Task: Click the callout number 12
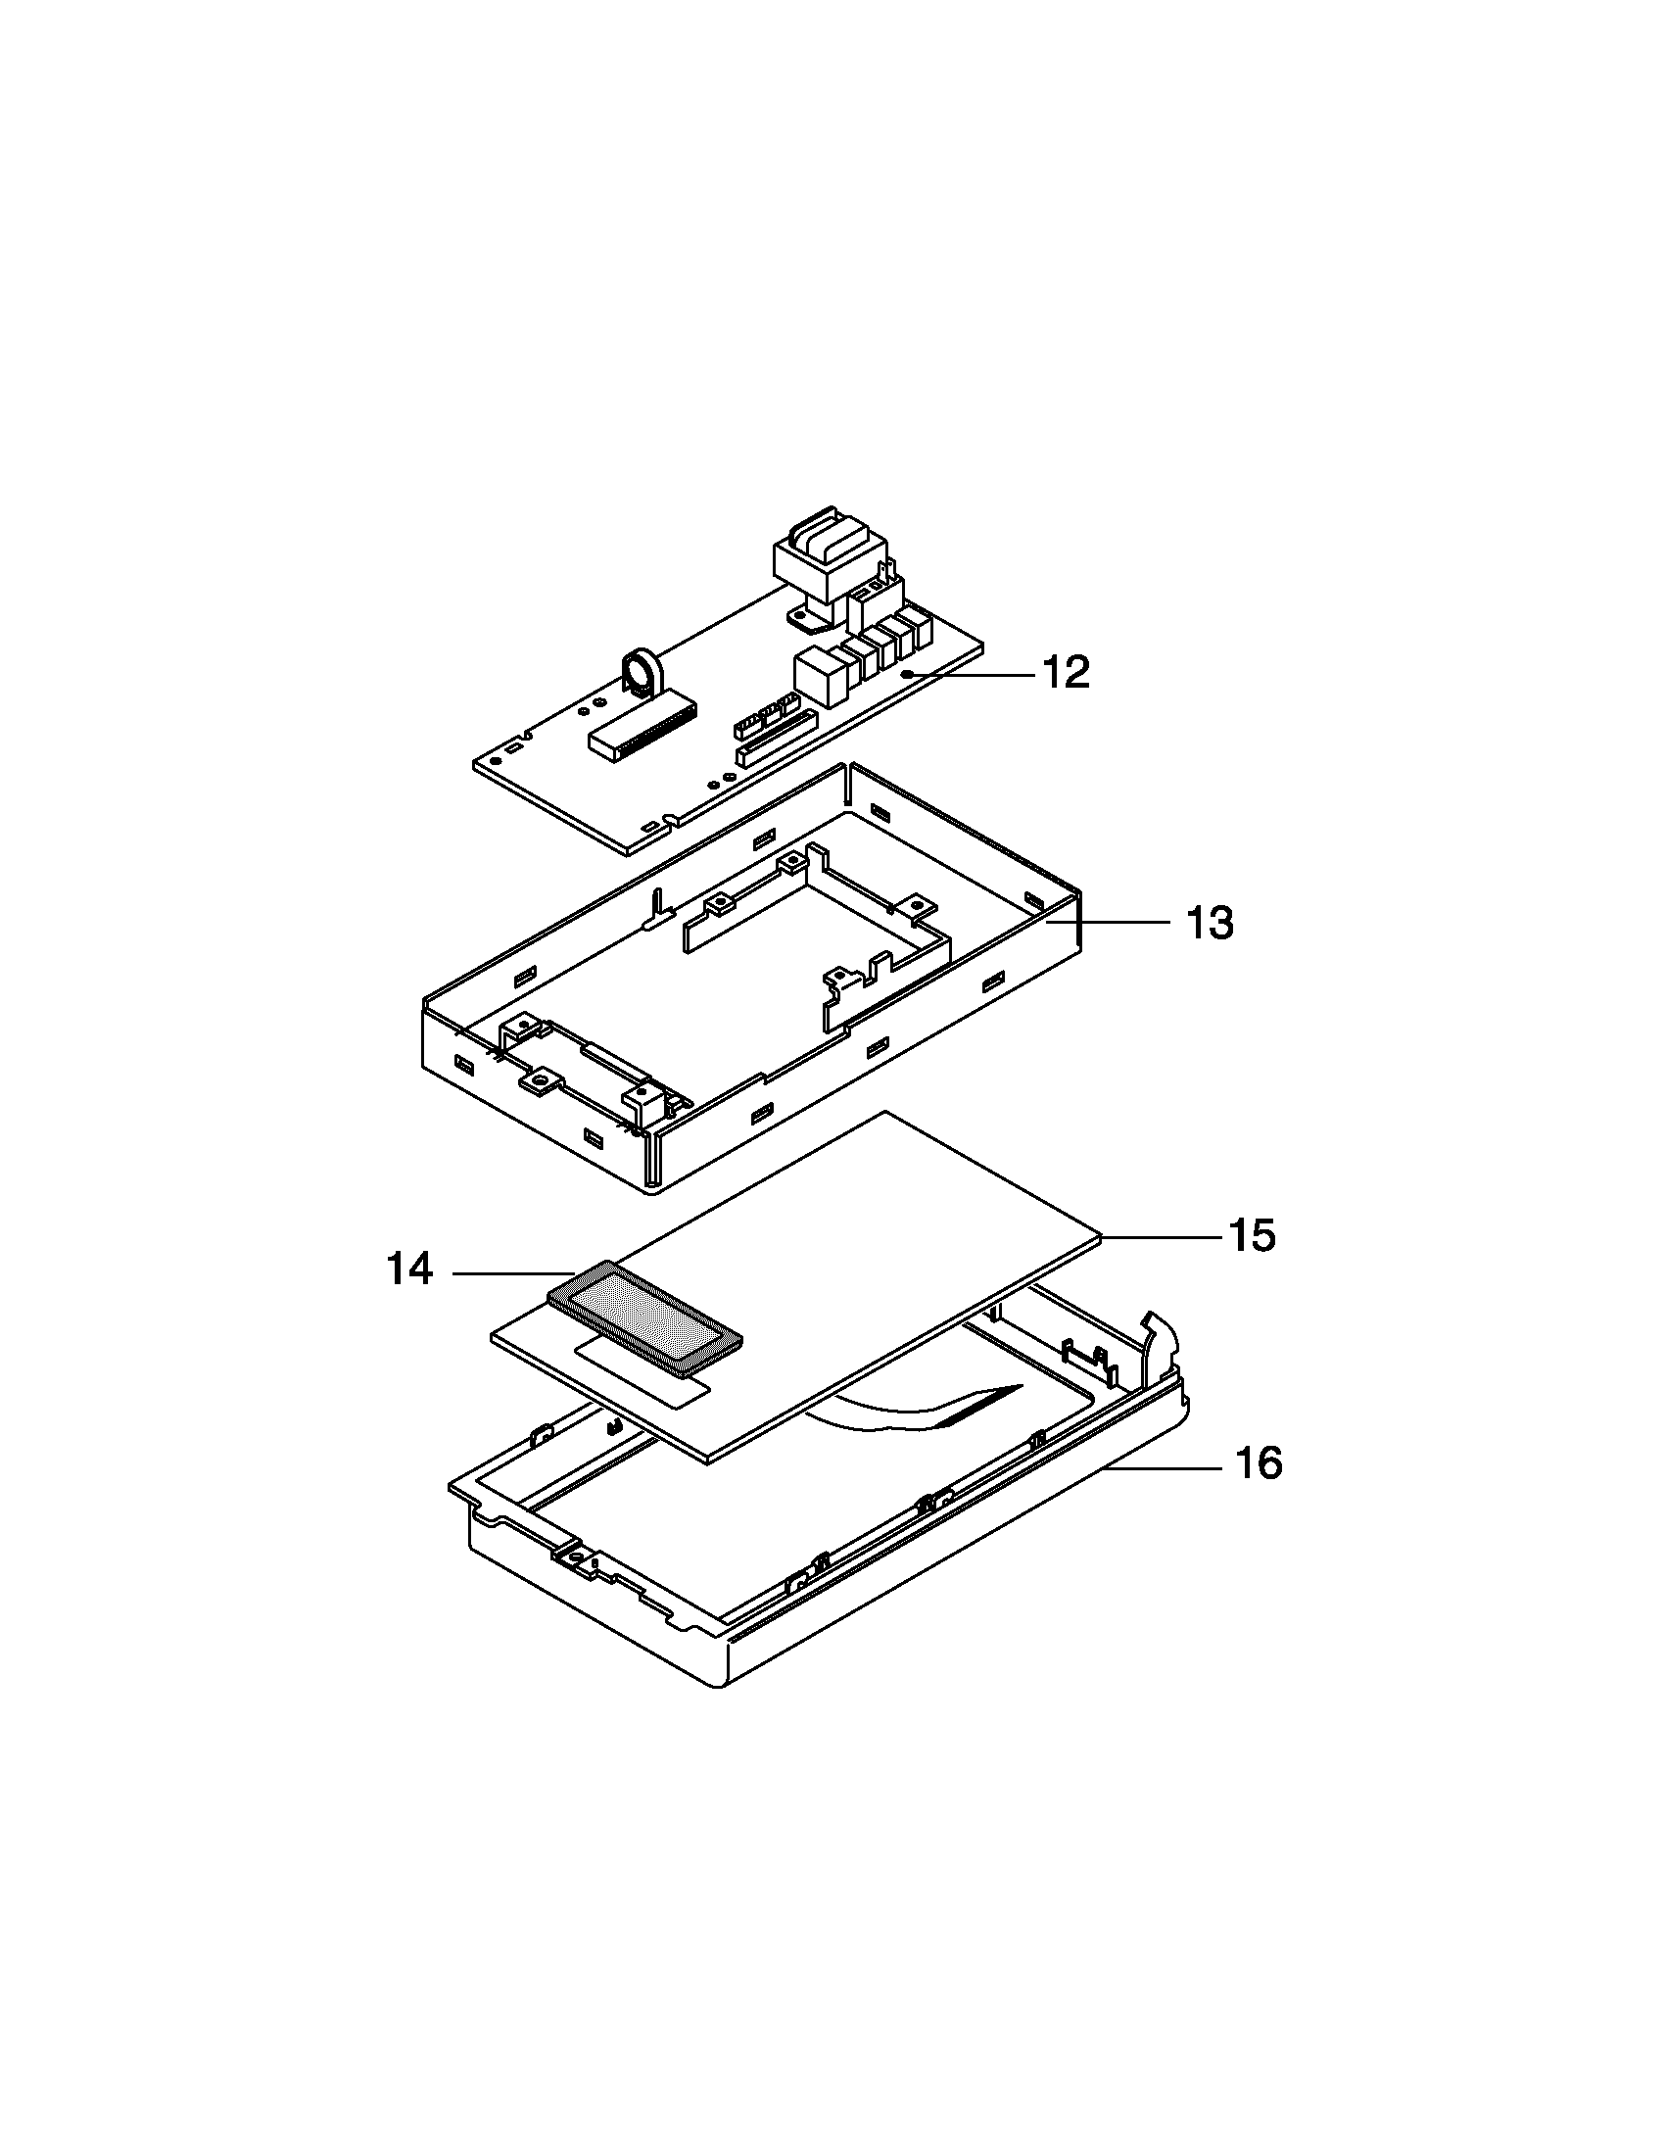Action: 1067,673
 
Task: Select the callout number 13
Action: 1209,924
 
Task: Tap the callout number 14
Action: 409,1269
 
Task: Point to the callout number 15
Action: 1251,1235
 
